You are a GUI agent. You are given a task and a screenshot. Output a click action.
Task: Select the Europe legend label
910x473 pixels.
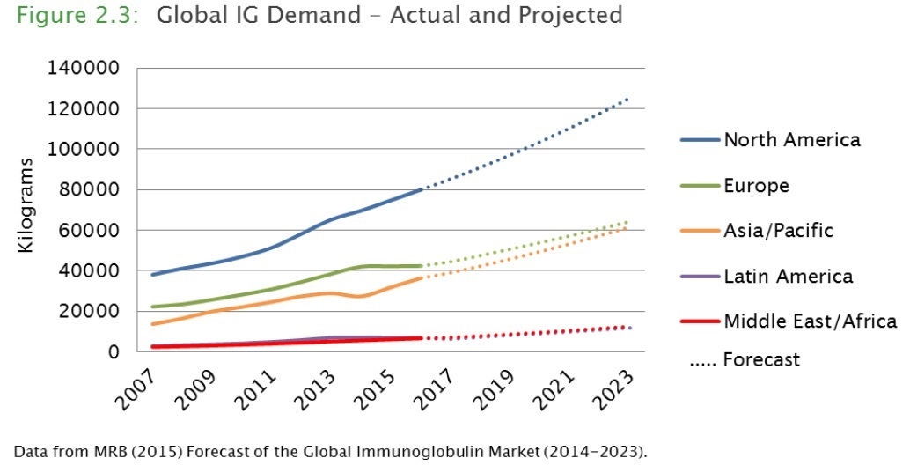pos(756,186)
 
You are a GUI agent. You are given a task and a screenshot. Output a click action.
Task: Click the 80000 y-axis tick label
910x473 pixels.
pos(99,189)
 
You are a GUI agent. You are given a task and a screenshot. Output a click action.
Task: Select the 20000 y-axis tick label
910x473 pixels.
pos(99,311)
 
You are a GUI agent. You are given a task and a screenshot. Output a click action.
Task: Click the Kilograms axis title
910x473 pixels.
pos(26,206)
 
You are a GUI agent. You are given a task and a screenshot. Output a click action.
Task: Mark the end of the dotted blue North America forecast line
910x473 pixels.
pos(627,100)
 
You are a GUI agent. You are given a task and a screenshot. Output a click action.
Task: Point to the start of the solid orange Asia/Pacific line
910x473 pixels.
pos(153,324)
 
